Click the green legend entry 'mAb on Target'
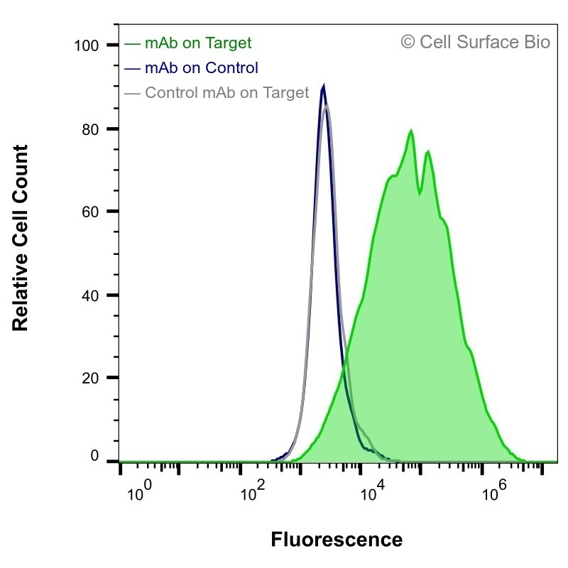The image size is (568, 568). [187, 43]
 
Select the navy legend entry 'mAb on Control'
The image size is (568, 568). [191, 67]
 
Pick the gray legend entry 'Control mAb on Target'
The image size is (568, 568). [217, 92]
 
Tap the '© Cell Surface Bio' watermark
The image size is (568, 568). [476, 42]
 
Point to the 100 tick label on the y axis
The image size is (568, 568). [86, 46]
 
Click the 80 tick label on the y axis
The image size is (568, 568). [90, 129]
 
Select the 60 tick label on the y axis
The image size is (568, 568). [90, 212]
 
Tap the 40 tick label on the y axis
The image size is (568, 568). [90, 295]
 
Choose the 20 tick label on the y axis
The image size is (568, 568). [90, 378]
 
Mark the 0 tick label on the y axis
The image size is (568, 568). [94, 456]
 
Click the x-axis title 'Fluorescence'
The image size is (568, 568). [337, 540]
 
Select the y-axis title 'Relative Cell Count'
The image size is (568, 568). [21, 238]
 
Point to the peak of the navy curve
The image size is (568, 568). [323, 86]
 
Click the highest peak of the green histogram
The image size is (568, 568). [411, 131]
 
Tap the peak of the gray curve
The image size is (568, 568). [327, 105]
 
